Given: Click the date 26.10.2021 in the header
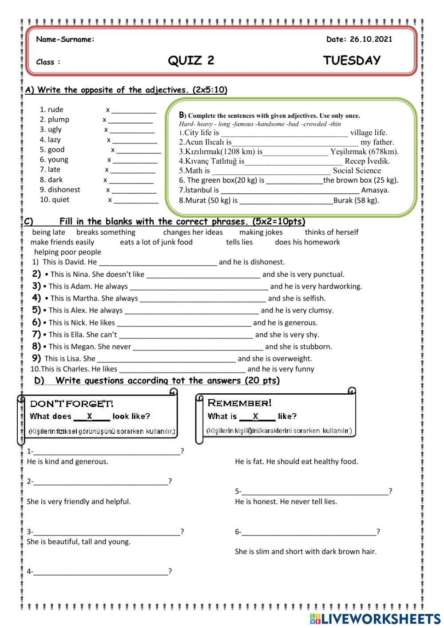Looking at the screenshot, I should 371,39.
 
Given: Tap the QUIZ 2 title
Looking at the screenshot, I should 191,60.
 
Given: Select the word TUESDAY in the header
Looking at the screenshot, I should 352,60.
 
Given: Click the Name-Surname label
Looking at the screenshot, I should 65,39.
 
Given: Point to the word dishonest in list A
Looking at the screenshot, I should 64,190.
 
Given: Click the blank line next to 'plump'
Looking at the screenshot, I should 131,120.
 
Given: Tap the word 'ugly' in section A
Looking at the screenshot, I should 55,129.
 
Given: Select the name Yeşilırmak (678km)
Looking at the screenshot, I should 364,152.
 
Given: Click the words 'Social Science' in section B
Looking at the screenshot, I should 357,171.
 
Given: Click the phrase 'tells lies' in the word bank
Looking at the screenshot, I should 239,242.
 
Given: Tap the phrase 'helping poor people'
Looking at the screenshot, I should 67,252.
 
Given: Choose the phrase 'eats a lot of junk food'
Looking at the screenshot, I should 156,242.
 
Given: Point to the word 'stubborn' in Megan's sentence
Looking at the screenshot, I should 316,347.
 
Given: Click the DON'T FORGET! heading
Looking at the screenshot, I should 71,404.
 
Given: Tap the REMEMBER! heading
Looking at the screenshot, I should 239,403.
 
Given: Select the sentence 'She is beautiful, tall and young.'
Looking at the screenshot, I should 79,542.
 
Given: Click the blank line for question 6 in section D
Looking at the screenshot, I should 309,532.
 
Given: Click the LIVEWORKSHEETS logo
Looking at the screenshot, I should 375,619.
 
